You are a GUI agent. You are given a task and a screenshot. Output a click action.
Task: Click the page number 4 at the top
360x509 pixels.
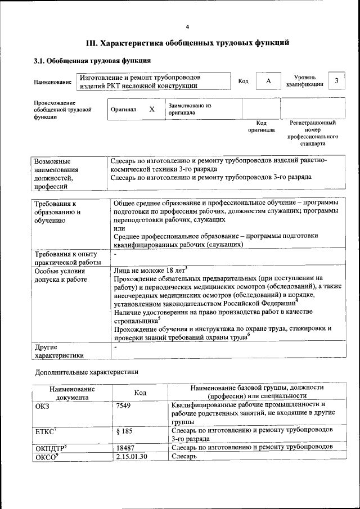click(187, 27)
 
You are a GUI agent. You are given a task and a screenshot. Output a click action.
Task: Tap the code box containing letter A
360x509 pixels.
click(268, 82)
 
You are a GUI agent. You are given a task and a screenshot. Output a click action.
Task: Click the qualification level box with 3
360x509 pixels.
click(336, 81)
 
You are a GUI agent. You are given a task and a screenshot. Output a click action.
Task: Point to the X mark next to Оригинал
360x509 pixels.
click(151, 109)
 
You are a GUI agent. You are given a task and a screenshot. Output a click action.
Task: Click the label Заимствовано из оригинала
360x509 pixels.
click(189, 109)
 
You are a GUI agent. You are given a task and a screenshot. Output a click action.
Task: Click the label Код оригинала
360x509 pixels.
click(262, 126)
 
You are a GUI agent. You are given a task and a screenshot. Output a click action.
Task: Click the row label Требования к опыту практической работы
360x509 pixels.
click(66, 258)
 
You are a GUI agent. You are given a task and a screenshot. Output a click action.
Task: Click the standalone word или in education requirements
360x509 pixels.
click(119, 228)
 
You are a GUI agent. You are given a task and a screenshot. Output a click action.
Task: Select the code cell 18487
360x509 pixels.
click(125, 447)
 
